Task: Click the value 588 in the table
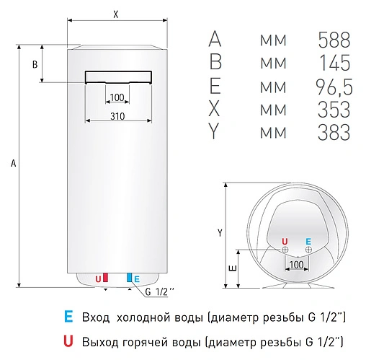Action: pos(334,40)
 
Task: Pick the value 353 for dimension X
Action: pos(334,110)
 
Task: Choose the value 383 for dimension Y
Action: pos(334,133)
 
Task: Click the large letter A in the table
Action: pos(215,40)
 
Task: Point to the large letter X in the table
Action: pos(215,110)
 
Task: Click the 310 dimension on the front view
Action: pos(118,115)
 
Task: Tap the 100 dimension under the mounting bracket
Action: pos(117,97)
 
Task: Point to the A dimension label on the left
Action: pos(13,164)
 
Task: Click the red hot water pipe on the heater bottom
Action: pos(106,278)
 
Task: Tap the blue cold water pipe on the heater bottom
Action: pos(130,278)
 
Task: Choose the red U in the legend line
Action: pos(68,340)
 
